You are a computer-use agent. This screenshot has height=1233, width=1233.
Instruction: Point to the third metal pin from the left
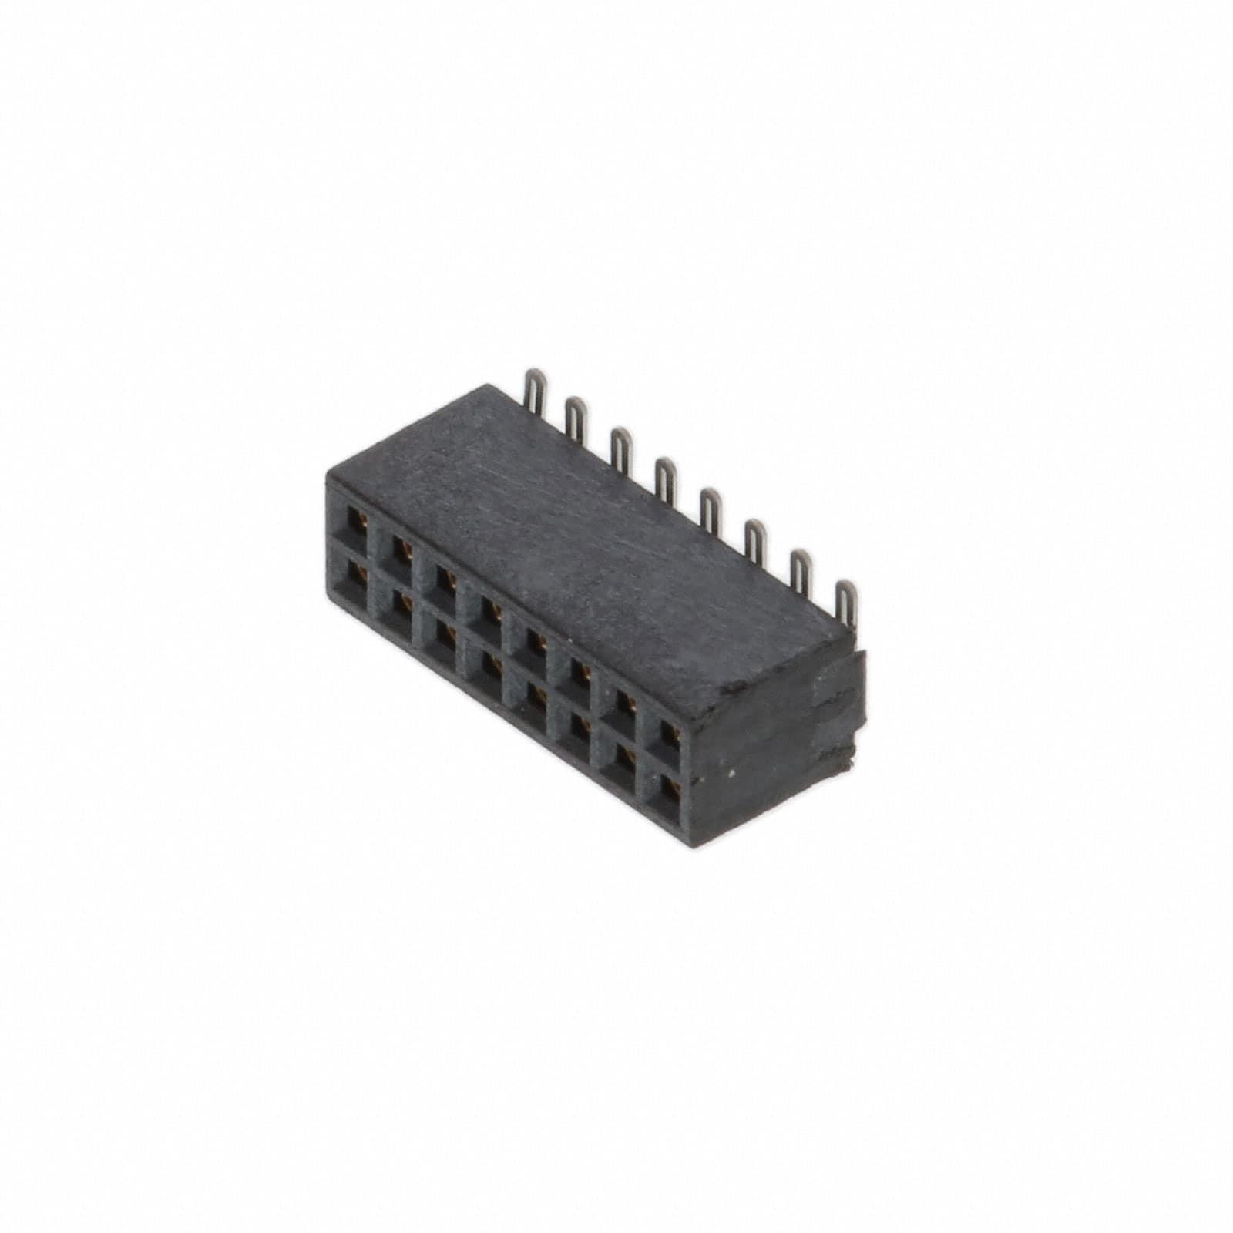click(621, 448)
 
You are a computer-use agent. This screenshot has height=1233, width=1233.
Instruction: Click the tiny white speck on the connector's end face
click(731, 772)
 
